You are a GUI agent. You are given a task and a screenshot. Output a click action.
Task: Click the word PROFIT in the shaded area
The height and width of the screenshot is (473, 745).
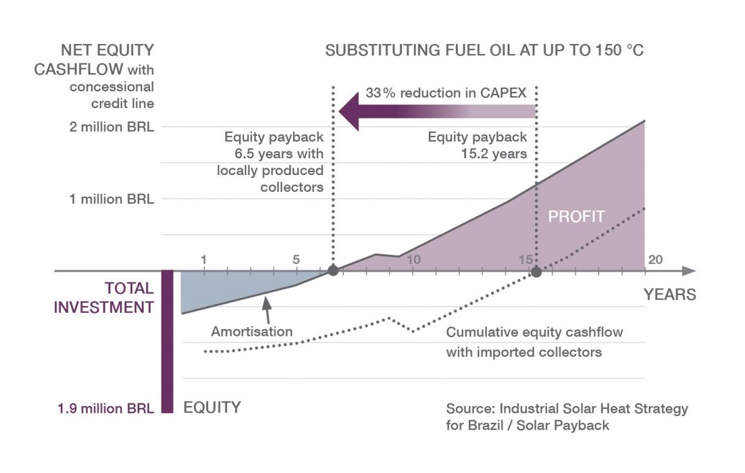(x=576, y=217)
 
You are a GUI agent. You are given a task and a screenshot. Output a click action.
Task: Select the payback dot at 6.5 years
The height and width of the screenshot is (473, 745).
(x=333, y=271)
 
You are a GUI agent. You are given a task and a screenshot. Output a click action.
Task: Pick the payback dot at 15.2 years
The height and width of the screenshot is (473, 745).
(x=536, y=272)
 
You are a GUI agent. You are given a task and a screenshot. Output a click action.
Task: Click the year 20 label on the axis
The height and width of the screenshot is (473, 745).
(x=654, y=259)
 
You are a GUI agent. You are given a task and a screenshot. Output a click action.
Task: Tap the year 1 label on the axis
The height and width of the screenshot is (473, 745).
(x=204, y=259)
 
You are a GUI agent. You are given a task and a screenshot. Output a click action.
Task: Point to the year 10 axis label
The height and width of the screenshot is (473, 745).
(x=413, y=259)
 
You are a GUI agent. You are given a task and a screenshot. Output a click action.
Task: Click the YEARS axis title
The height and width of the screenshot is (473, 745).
(x=669, y=294)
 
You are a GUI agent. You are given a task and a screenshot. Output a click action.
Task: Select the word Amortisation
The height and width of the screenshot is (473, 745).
(x=251, y=331)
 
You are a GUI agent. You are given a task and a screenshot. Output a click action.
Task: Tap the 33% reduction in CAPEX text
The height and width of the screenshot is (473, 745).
(x=446, y=94)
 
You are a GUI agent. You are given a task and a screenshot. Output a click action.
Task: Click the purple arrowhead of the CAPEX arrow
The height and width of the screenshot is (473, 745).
(x=350, y=111)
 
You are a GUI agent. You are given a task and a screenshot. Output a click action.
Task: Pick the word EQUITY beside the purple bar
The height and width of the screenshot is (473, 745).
(x=212, y=408)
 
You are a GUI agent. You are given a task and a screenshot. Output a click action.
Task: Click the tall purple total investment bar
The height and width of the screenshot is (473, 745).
(x=167, y=341)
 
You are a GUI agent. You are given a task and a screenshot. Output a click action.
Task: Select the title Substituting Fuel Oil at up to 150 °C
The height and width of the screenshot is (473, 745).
(x=484, y=50)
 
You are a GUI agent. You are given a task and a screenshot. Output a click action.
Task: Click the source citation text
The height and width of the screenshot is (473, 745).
(x=567, y=417)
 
